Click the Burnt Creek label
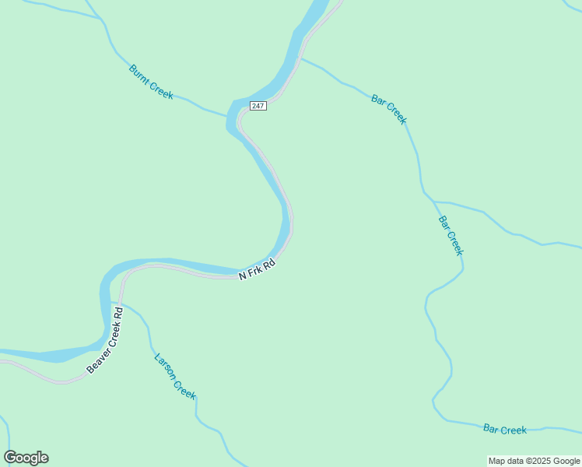[x=151, y=82]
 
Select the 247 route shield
[x=258, y=105]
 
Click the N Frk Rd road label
[x=257, y=270]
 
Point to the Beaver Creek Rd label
[x=105, y=340]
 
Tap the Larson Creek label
[x=175, y=377]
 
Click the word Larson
[x=167, y=367]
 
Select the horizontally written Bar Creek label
[x=505, y=429]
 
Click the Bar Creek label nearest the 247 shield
[x=389, y=109]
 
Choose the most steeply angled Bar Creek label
[x=451, y=235]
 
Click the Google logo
[x=26, y=458]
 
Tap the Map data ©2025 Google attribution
[x=535, y=461]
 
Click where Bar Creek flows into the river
[x=300, y=58]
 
